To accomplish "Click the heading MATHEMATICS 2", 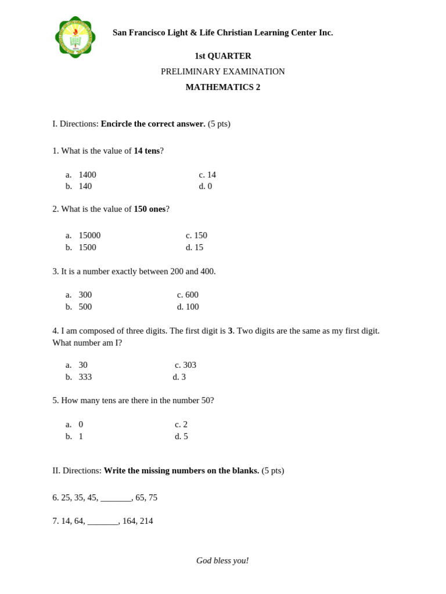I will (223, 87).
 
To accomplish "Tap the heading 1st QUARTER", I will (223, 56).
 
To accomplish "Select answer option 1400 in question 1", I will (87, 175).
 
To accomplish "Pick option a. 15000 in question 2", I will (89, 236).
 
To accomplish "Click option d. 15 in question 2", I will (195, 247).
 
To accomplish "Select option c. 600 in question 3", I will (188, 295).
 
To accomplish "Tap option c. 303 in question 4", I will (186, 365).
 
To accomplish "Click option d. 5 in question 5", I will (181, 436).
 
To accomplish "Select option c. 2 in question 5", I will (181, 424).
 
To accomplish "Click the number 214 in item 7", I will (146, 521).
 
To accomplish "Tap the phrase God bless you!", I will (222, 560).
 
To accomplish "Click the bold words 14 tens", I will (146, 151).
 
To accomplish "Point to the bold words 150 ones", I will (149, 209).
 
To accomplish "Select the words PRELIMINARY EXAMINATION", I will (223, 72).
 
